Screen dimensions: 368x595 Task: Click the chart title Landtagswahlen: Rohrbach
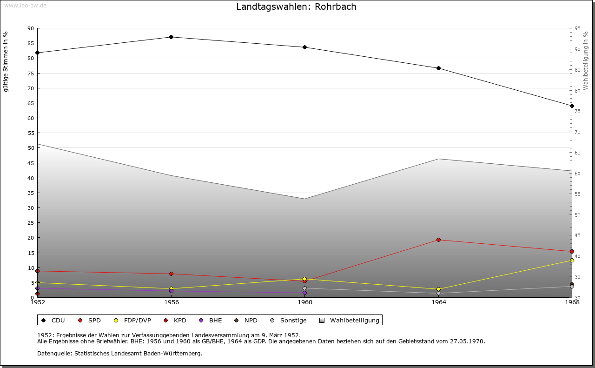click(x=296, y=7)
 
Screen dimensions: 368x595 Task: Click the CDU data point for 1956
click(x=171, y=37)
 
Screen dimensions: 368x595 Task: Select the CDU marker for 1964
click(x=438, y=68)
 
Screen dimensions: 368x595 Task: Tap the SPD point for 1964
click(x=438, y=240)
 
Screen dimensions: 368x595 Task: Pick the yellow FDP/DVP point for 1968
click(x=572, y=261)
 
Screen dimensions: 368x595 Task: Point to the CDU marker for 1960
click(x=304, y=47)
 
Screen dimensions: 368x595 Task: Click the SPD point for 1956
click(x=171, y=274)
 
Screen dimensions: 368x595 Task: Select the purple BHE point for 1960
click(x=304, y=293)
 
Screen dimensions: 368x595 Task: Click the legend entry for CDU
click(x=53, y=321)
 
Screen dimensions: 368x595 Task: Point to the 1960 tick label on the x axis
click(x=305, y=302)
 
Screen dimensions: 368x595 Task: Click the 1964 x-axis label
click(x=438, y=302)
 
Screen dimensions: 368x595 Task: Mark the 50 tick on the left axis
click(x=31, y=148)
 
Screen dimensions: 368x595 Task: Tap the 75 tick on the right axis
click(x=577, y=111)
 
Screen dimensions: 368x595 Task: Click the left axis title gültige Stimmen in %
click(x=6, y=61)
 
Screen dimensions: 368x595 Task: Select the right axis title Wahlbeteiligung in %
click(x=586, y=60)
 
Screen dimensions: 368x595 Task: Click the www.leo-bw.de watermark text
click(x=25, y=5)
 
